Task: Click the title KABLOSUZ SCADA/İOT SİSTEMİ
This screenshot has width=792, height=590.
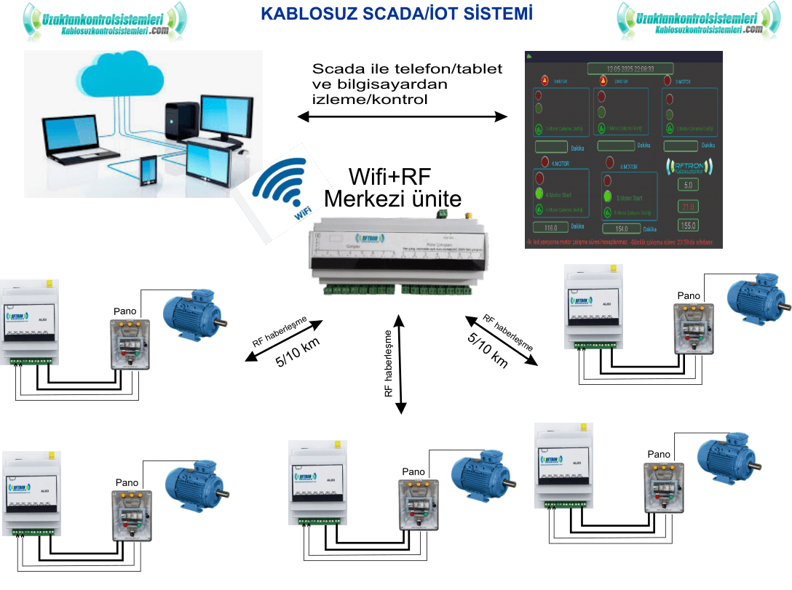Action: click(395, 13)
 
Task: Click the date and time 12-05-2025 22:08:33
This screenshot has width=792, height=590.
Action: click(621, 68)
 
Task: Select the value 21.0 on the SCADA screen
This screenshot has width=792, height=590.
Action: click(688, 206)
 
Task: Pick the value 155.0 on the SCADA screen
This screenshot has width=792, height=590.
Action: click(688, 225)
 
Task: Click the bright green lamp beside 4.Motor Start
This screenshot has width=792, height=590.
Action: click(539, 194)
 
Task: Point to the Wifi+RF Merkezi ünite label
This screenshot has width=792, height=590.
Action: click(393, 187)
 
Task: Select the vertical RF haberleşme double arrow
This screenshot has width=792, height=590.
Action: click(400, 364)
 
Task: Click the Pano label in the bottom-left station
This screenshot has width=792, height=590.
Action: click(127, 482)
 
